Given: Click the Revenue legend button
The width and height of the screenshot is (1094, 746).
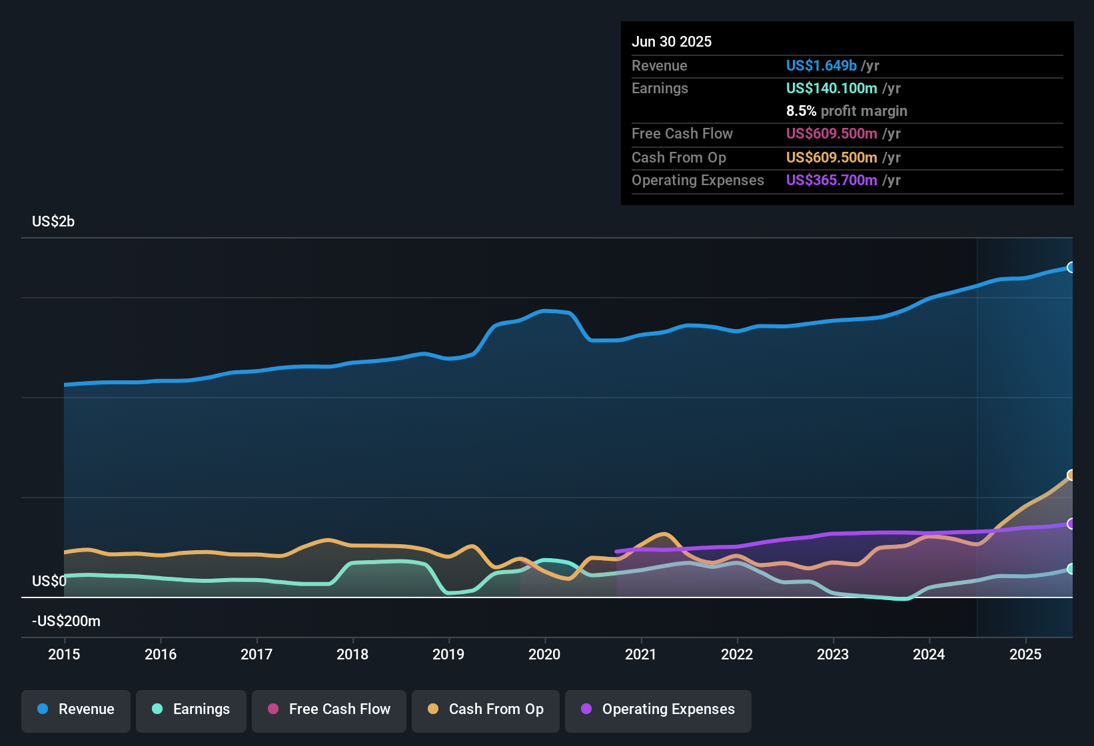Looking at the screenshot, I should tap(76, 709).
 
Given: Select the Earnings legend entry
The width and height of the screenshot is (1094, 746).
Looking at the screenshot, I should tap(191, 709).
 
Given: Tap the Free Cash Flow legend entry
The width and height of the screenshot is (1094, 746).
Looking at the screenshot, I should tap(329, 709).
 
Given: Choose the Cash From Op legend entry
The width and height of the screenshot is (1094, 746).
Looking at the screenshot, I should tap(486, 709).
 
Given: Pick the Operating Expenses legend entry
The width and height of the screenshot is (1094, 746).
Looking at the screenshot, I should tap(658, 709).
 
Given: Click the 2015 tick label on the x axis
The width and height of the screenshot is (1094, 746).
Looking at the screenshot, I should tap(64, 654).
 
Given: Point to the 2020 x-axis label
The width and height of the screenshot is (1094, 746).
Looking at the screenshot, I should tap(544, 654).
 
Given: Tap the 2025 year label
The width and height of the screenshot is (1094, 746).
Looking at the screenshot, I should tap(1025, 654).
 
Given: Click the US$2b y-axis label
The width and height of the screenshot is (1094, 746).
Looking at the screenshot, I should tap(53, 222).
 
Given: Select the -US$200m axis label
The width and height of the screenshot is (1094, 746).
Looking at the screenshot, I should tap(66, 621).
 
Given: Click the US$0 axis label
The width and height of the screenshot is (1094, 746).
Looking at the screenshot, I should tap(49, 581).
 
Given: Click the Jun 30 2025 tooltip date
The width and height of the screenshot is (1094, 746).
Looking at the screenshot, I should tap(672, 42).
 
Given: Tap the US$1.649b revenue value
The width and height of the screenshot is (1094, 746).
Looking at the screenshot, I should tap(821, 66).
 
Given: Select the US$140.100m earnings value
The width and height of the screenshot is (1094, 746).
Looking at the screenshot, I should tap(831, 89).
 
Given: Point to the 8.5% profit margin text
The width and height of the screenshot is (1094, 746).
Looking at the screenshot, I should tap(846, 111).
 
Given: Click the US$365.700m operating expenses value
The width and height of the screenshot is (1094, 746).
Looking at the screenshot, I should tap(831, 181).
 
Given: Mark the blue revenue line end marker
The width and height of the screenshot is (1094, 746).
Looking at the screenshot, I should tap(1071, 267).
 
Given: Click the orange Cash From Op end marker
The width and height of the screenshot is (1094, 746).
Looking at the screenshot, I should tap(1071, 475).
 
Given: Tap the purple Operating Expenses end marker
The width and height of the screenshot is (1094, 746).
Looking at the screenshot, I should tap(1071, 524).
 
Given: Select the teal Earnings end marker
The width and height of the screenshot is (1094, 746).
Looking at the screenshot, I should tap(1071, 569).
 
